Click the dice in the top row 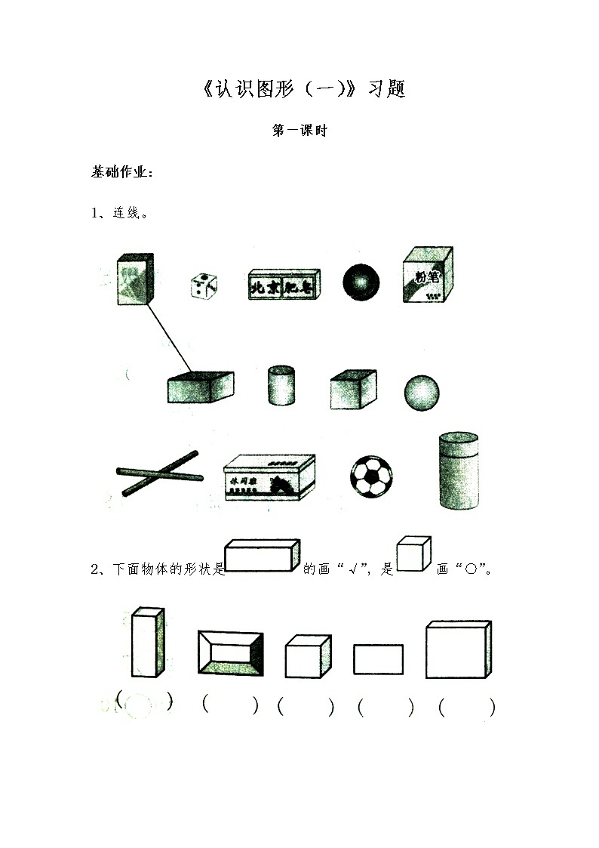(203, 285)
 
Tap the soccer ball (371, 476)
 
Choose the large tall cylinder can (459, 469)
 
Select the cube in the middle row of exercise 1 (352, 389)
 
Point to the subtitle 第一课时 (299, 131)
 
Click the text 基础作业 (121, 172)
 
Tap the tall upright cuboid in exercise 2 (147, 642)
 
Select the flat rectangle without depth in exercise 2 (378, 659)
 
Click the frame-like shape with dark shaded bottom (229, 651)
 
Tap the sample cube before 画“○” (413, 554)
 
